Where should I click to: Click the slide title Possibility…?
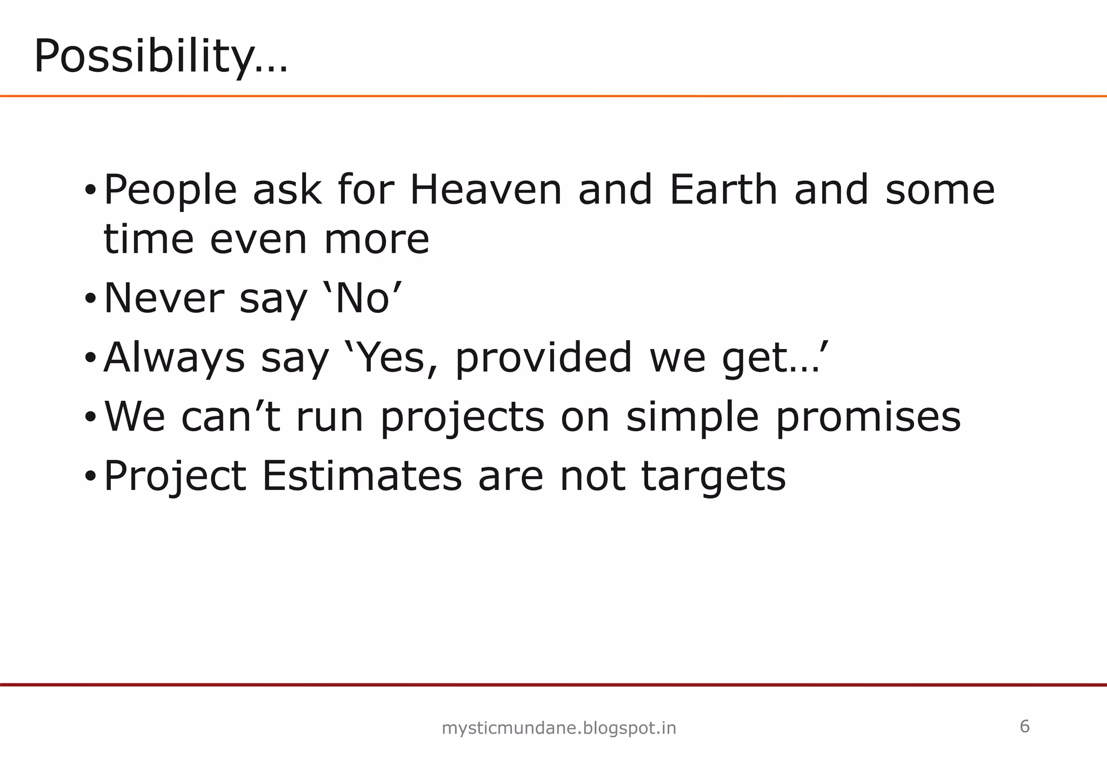(x=161, y=57)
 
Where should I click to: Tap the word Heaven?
(x=486, y=190)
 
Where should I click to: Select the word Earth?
(x=723, y=190)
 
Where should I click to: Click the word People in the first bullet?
(x=170, y=191)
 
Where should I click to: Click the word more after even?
(x=376, y=240)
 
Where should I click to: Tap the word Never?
(x=163, y=299)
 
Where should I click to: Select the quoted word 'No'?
(x=363, y=299)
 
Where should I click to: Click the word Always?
(x=174, y=359)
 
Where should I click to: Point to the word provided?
(x=544, y=358)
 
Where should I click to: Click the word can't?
(x=231, y=418)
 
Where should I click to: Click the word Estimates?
(x=362, y=476)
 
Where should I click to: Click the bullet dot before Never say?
(x=90, y=299)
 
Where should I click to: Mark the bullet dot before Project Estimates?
(x=90, y=477)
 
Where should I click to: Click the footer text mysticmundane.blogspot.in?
(x=559, y=729)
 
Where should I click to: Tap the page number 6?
(x=1024, y=727)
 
